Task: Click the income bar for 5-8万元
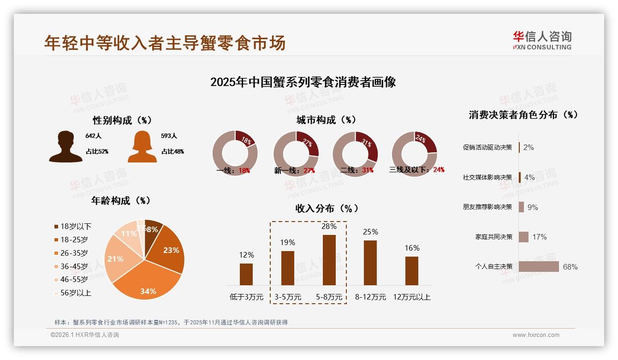tap(329, 260)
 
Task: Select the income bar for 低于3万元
tap(246, 274)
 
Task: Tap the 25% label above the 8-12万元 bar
tap(370, 232)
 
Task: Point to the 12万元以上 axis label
tap(412, 297)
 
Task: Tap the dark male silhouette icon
tap(65, 146)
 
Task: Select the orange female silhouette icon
tap(142, 146)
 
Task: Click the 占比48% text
tap(172, 151)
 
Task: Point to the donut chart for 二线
tap(355, 154)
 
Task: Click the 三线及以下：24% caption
tap(417, 170)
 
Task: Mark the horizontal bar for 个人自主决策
tap(539, 267)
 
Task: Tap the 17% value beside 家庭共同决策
tap(539, 237)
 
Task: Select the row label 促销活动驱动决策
tap(487, 147)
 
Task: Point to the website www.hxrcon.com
tap(536, 335)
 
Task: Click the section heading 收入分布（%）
tap(327, 208)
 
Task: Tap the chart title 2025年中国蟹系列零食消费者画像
tap(303, 82)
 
